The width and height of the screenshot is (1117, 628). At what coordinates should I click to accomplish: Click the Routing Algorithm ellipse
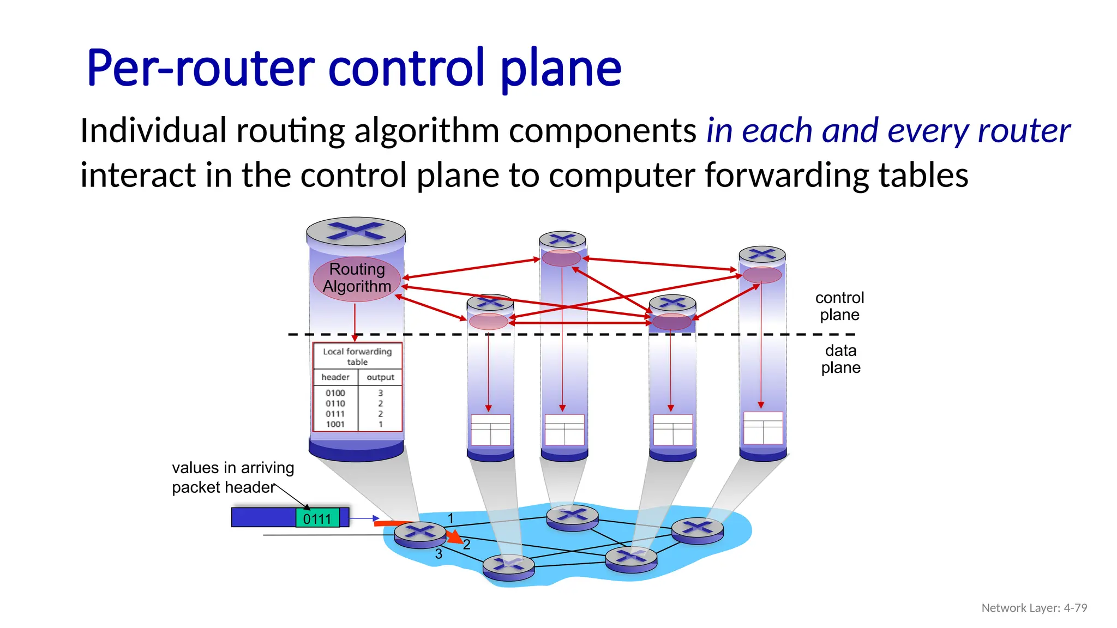[357, 278]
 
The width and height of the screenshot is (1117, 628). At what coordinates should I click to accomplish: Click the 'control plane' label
[839, 306]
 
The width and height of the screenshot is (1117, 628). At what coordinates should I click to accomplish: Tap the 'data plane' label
[840, 359]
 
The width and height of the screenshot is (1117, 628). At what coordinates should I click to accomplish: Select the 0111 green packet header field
[317, 518]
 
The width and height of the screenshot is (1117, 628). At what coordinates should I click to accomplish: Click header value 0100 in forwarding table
[335, 393]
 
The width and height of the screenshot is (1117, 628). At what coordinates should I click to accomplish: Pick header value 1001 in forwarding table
[335, 424]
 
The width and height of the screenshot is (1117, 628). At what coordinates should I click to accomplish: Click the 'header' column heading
[335, 377]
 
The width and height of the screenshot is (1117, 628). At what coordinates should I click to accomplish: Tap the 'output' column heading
[380, 377]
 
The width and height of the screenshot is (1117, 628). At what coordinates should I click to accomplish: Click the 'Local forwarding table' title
[357, 357]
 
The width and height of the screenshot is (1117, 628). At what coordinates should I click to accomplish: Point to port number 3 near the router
[439, 554]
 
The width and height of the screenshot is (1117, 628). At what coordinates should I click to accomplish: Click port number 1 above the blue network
[451, 518]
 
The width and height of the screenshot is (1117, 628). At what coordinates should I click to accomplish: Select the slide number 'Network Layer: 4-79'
[1034, 608]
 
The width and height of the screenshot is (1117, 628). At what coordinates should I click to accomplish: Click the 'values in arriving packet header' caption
[232, 477]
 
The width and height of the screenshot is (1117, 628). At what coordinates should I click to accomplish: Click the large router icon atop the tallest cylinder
[356, 231]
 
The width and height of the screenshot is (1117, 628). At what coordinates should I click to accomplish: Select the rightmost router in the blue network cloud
[697, 529]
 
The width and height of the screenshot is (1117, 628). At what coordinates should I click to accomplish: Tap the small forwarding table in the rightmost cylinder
[763, 428]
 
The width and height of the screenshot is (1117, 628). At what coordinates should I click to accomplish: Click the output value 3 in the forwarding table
[380, 393]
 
